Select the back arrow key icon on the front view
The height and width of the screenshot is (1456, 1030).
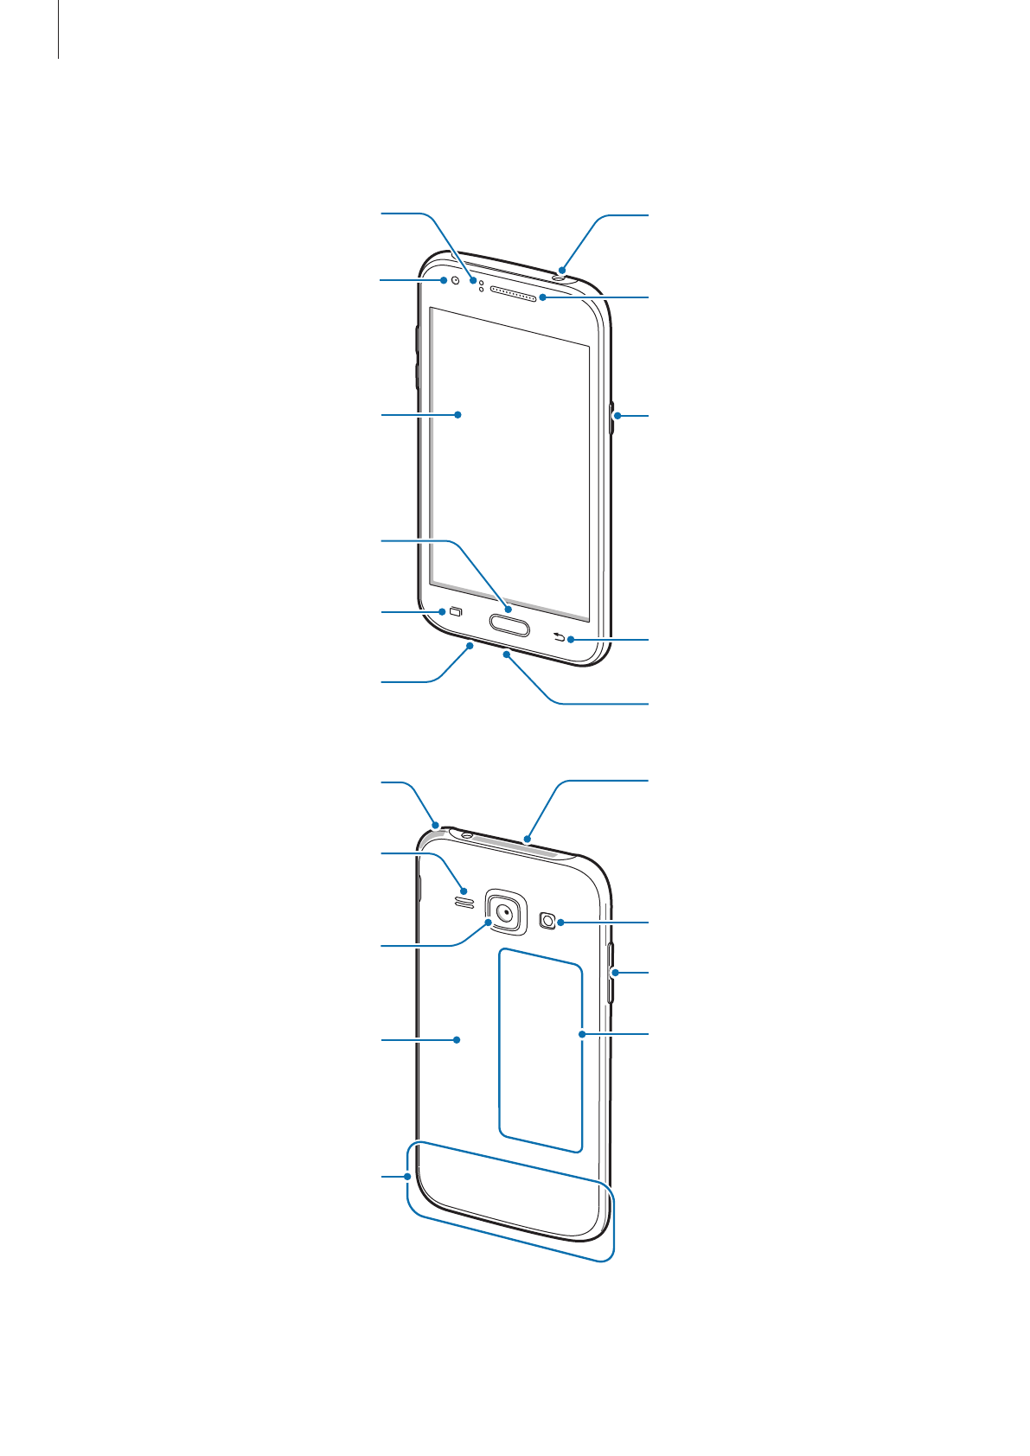coord(559,638)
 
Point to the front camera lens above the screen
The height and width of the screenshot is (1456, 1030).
coord(455,280)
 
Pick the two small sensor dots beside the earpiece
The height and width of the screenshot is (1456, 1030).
coord(481,284)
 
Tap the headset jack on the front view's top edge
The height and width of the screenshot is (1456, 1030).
coord(560,278)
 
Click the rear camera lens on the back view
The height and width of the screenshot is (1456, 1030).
coord(506,910)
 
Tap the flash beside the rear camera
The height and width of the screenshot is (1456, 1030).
coord(547,921)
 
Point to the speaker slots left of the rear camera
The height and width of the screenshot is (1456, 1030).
coord(464,903)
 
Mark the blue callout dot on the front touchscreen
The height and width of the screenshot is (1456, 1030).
coord(458,415)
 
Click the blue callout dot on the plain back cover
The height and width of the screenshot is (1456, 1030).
coord(457,1040)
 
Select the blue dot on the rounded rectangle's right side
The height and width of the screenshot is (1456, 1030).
coord(582,1033)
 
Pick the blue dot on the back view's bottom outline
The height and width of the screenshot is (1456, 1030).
coord(406,1177)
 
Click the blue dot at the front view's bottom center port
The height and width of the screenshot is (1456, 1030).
coord(507,655)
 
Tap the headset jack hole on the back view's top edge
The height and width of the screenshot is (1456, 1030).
coord(467,835)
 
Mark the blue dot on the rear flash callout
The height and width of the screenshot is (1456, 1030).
coord(561,923)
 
